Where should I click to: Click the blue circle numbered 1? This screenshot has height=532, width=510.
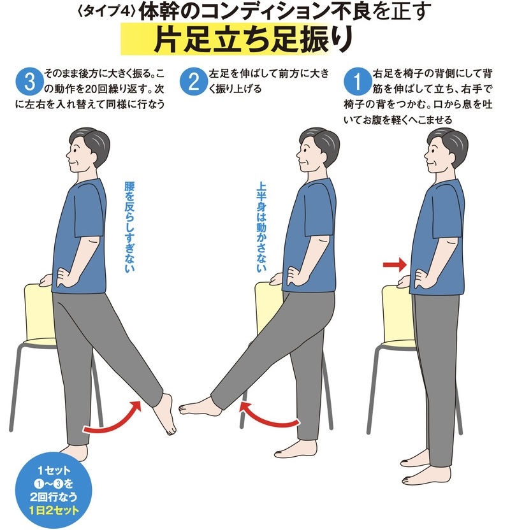(x=357, y=82)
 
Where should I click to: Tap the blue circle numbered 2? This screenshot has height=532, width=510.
(x=193, y=82)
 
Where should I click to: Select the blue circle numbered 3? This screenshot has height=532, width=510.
(x=29, y=82)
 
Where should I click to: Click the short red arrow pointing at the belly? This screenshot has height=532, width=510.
(x=395, y=264)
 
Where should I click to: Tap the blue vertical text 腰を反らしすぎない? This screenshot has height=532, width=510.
(x=129, y=227)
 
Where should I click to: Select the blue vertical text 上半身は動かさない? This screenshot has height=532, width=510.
(x=261, y=227)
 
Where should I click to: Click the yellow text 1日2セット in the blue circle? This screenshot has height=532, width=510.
(x=54, y=510)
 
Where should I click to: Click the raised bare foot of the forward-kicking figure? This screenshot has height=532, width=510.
(x=199, y=405)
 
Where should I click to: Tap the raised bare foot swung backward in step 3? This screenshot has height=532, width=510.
(x=164, y=414)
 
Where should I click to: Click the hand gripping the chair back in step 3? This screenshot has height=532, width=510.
(x=46, y=280)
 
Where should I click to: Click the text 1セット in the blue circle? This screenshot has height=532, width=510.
(x=54, y=471)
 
